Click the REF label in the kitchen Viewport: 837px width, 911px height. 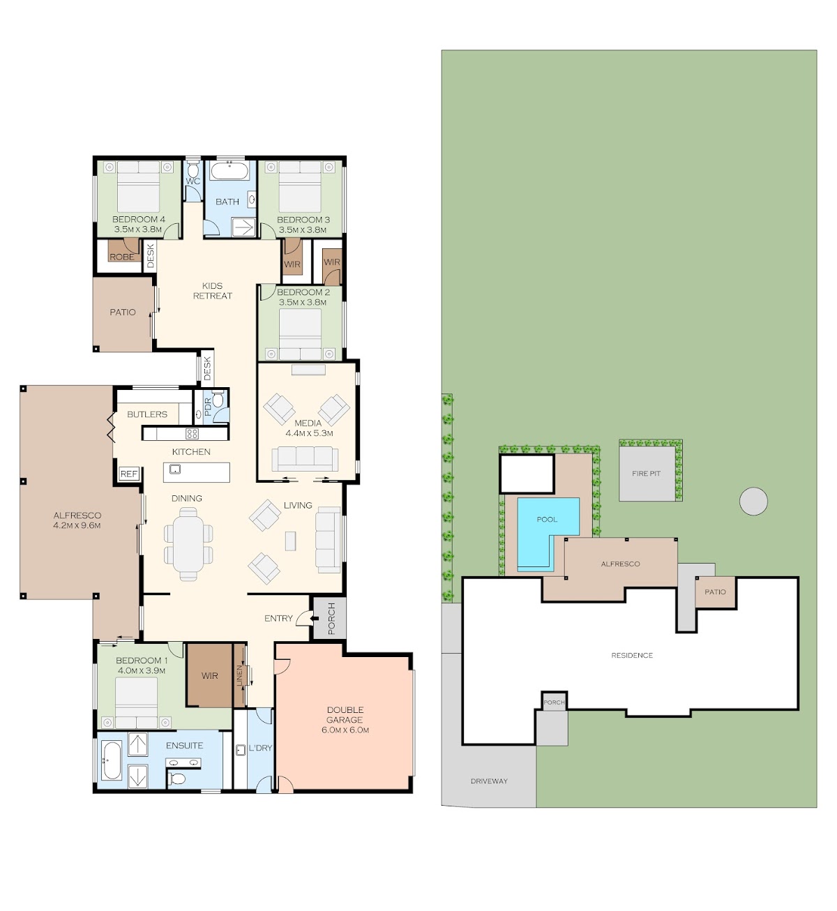pos(128,474)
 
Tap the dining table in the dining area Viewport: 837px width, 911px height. pos(188,544)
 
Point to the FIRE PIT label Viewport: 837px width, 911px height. pos(647,473)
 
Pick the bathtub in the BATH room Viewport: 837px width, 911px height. pos(230,171)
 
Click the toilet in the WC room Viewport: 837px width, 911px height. pos(193,170)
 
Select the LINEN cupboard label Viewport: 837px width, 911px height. pos(240,675)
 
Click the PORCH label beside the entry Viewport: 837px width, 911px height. pos(331,619)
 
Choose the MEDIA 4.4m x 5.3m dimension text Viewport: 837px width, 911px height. pos(309,433)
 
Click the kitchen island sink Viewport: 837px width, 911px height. pos(175,469)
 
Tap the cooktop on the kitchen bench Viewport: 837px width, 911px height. pos(192,434)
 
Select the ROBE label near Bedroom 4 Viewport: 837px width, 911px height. pos(121,257)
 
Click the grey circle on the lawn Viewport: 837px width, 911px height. pos(753,502)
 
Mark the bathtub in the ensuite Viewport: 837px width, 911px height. pos(112,761)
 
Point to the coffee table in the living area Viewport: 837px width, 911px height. pos(291,541)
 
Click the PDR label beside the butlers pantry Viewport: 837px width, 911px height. pos(208,407)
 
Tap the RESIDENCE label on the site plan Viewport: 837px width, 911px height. pos(632,655)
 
